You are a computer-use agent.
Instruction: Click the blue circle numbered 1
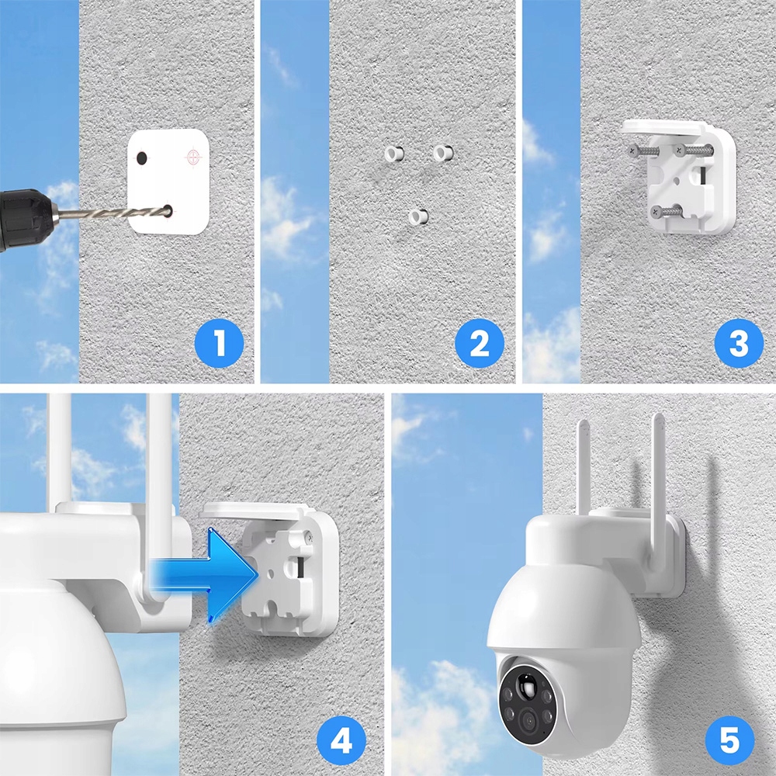coord(219,343)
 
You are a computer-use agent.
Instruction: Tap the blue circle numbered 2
coord(479,343)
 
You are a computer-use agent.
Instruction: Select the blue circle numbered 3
coord(739,343)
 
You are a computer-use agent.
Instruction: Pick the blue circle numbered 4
coord(341,741)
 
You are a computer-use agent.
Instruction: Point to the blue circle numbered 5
coord(729,741)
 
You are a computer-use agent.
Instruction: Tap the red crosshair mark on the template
coord(193,157)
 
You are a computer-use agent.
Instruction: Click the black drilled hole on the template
coord(142,158)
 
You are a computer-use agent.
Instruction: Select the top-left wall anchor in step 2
coord(394,154)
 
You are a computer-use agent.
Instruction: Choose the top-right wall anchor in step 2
coord(443,153)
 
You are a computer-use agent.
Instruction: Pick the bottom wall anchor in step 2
coord(419,217)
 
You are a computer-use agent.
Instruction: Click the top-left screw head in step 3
coord(633,151)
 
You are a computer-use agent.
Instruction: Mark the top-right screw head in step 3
coord(678,148)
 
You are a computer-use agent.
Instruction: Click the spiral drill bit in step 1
coord(111,214)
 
